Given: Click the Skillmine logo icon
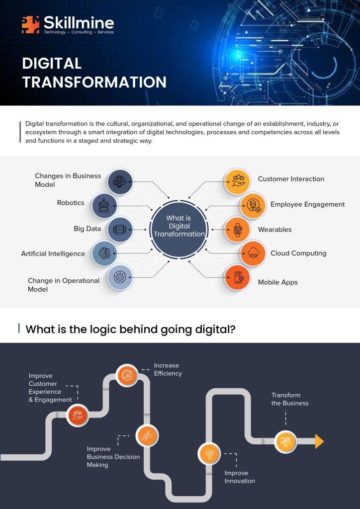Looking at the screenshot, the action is coord(30,25).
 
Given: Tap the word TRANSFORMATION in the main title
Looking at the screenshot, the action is coord(94,83).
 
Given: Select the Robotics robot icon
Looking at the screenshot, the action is coord(104,206).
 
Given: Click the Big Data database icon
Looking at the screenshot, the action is coord(120,230).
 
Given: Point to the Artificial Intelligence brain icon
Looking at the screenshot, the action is coord(104,253).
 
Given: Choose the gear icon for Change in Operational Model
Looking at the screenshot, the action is coord(120,277).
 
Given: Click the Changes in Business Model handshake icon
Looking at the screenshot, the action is coord(120,181).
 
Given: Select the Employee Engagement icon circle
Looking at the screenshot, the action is coord(253,206).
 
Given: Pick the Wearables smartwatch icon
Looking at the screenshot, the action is coord(237,230).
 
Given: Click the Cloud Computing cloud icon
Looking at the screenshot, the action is coord(253,253).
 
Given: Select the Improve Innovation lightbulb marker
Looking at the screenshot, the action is coord(209,453).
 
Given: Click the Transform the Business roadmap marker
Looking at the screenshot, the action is coord(285,441).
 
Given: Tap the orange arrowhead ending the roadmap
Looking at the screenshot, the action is coord(319,441).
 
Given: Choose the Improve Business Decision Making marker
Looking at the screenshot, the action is coord(147,435).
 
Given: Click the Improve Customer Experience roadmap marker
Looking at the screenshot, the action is coord(78,415).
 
